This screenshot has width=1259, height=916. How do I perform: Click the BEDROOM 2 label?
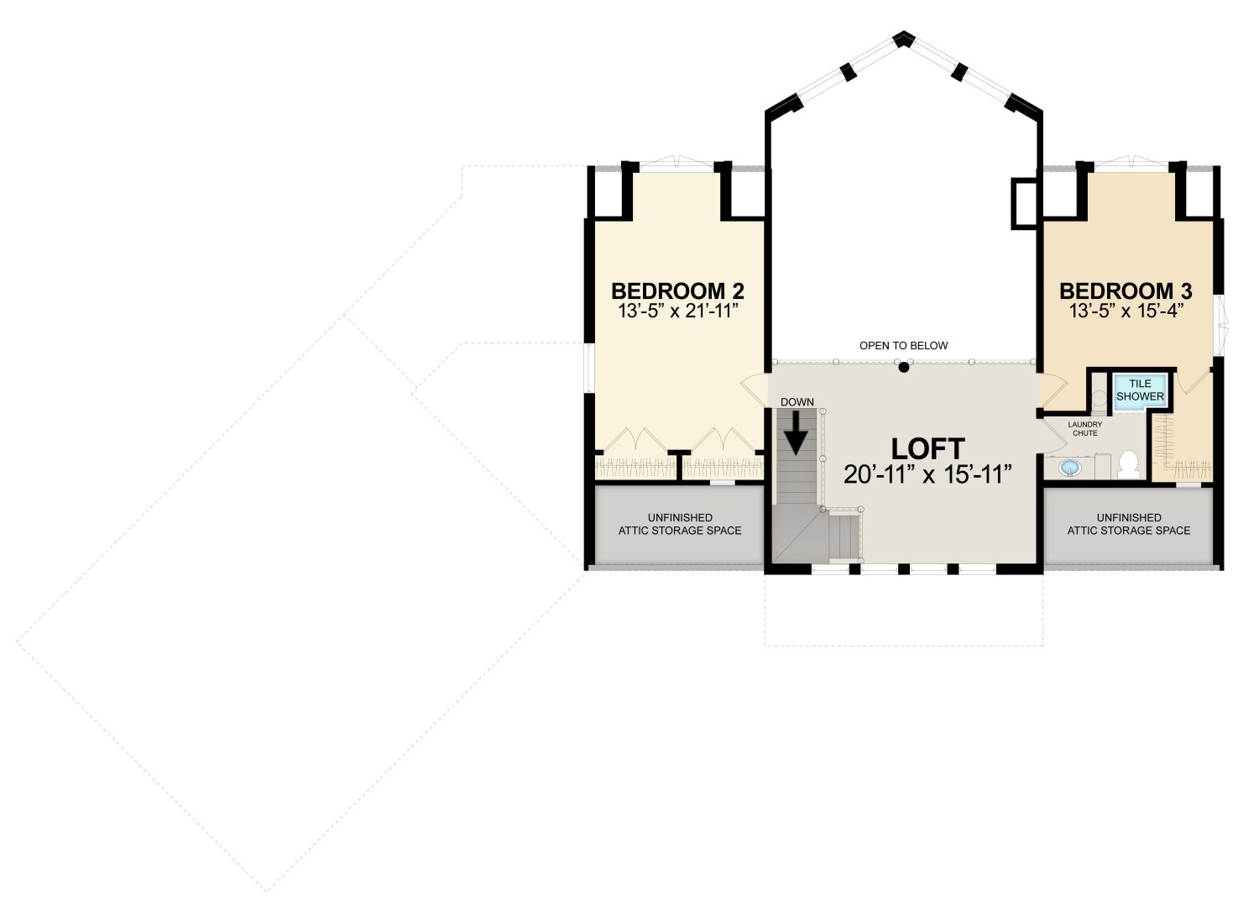(678, 291)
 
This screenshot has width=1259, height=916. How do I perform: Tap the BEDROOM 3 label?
(1126, 291)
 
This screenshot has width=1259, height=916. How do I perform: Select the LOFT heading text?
(928, 449)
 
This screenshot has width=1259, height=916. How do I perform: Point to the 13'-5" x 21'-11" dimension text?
(678, 311)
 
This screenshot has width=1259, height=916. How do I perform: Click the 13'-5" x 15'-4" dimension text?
(1126, 311)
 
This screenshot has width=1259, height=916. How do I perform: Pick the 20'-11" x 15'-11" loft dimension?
(928, 474)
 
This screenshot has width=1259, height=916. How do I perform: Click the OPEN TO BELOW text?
(904, 346)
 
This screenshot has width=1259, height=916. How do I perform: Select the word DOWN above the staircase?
(797, 402)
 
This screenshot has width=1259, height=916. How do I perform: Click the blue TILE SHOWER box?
(1140, 390)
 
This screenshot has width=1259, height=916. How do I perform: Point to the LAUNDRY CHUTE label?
(1084, 429)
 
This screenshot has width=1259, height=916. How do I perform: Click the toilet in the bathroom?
(1129, 464)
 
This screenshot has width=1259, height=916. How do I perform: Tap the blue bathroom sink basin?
(1069, 468)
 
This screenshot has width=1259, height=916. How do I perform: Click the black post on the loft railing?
(904, 368)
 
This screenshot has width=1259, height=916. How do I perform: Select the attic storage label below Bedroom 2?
(680, 524)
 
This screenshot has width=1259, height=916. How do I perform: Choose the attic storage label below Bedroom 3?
(1129, 524)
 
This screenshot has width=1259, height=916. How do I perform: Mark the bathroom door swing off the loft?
(1055, 437)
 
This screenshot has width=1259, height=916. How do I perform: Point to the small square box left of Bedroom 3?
(1024, 203)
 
